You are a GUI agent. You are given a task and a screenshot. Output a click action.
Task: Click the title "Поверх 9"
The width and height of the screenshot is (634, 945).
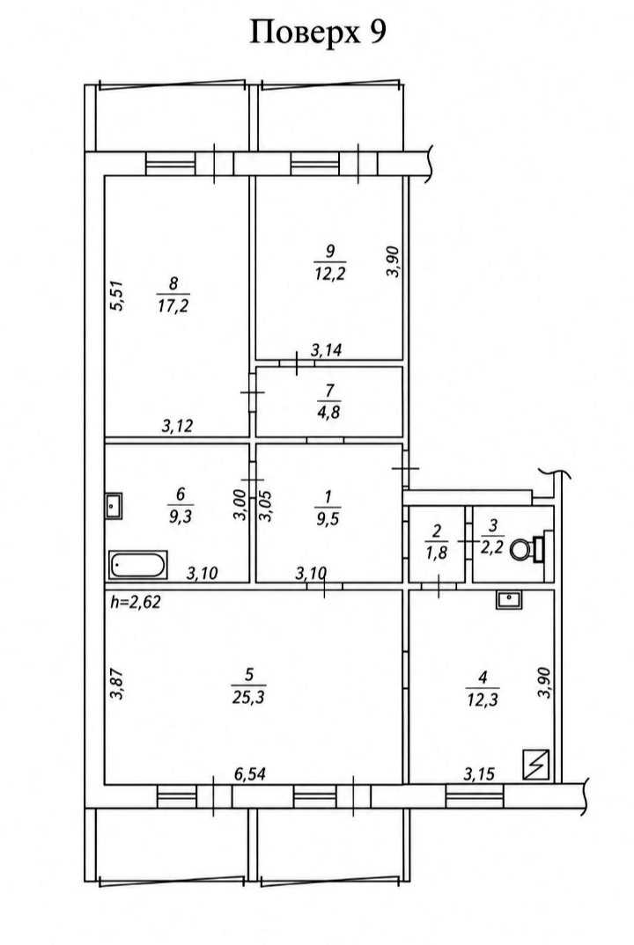(x=318, y=33)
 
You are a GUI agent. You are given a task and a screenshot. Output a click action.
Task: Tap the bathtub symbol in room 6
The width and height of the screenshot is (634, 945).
(x=138, y=565)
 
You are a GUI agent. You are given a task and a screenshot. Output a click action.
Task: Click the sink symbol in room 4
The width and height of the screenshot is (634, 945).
(x=510, y=599)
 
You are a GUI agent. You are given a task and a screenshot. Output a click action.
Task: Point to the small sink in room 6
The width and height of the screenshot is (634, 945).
(x=114, y=506)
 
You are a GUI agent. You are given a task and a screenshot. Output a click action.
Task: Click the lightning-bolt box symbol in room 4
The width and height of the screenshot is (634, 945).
(x=536, y=765)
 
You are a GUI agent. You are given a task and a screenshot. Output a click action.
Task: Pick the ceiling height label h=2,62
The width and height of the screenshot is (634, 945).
(x=136, y=602)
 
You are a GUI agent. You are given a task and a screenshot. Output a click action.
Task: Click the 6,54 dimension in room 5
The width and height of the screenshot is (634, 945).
(x=250, y=773)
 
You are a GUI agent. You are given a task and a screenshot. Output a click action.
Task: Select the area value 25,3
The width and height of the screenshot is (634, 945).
(x=248, y=698)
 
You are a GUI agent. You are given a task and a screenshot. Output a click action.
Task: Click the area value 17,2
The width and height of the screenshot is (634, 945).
(x=173, y=305)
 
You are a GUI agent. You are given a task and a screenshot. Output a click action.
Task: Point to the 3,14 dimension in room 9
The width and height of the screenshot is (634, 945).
(x=327, y=350)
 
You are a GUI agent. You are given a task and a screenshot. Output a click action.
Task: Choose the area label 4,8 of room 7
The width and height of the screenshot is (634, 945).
(x=329, y=413)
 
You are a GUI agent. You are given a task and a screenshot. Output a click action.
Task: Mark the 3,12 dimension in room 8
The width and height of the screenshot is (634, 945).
(x=177, y=426)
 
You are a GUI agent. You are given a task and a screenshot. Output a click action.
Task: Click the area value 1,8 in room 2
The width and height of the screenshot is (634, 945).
(x=437, y=552)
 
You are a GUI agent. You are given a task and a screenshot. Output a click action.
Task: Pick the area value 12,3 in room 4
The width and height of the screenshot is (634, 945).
(x=483, y=700)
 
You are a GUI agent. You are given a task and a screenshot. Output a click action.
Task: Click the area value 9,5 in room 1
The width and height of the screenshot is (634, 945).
(x=328, y=517)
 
